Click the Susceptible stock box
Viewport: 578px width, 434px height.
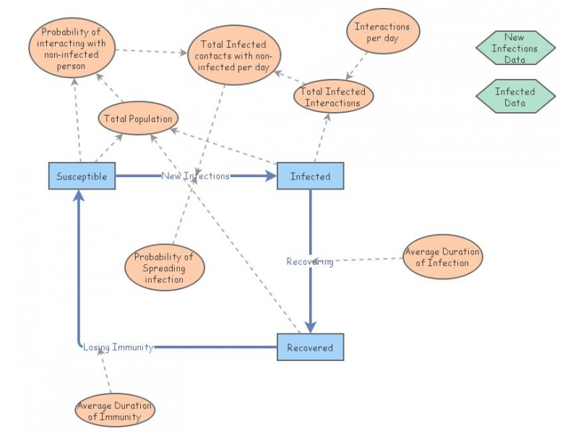tap(82, 176)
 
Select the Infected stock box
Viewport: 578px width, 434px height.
tap(310, 176)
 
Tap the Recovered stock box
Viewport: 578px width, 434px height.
tap(310, 347)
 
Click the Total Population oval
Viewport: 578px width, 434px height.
tap(137, 119)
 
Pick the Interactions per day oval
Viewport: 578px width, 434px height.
tap(382, 33)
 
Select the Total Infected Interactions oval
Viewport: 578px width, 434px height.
tap(333, 97)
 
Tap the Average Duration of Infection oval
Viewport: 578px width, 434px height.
tap(441, 257)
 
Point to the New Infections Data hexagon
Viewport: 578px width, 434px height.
tap(515, 48)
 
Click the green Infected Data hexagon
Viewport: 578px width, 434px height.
tap(515, 97)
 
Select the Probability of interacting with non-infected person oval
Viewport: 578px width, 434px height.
tap(72, 49)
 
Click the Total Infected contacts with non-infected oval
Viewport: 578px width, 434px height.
tap(235, 56)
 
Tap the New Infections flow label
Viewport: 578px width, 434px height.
tap(195, 176)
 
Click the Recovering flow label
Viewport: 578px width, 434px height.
tap(310, 262)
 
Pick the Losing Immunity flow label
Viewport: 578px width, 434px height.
tap(118, 347)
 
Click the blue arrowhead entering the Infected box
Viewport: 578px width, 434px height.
tap(271, 176)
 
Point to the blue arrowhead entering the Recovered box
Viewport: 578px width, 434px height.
tap(310, 327)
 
